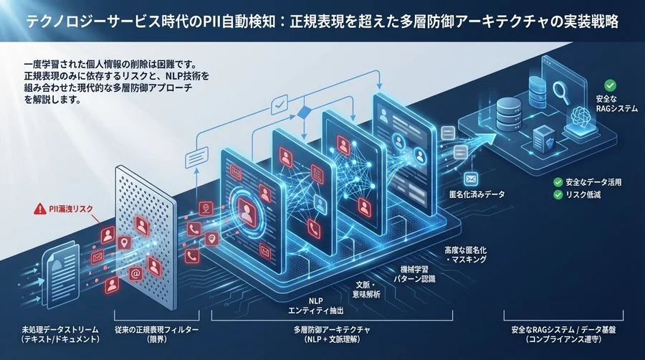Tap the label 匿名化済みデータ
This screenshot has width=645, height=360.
pyautogui.click(x=476, y=194)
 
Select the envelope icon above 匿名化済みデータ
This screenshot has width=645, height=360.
pyautogui.click(x=471, y=179)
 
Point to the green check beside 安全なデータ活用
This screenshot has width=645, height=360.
pyautogui.click(x=558, y=182)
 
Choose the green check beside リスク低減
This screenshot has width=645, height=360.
pyautogui.click(x=558, y=194)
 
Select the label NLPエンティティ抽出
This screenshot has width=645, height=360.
pyautogui.click(x=316, y=305)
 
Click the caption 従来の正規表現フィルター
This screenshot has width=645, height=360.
pyautogui.click(x=156, y=332)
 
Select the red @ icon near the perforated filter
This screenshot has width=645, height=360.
pyautogui.click(x=134, y=274)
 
